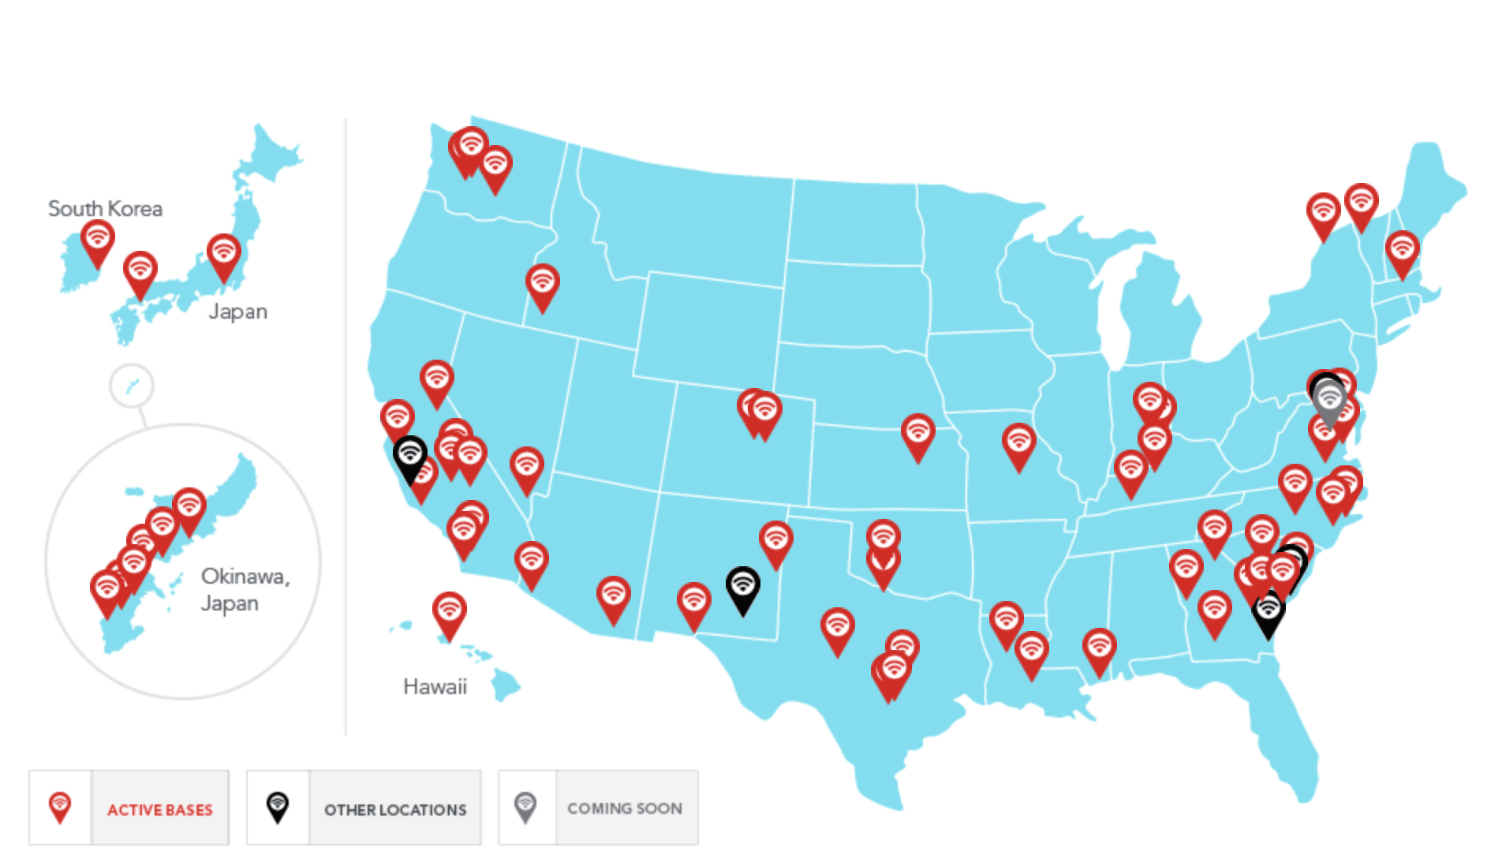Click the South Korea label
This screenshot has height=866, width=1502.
[x=105, y=209]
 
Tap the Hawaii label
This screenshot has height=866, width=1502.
[x=435, y=686]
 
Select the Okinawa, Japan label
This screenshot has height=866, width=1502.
[x=245, y=589]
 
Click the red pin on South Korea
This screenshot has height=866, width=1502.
[x=98, y=238]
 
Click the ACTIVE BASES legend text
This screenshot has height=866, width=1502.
[x=159, y=810]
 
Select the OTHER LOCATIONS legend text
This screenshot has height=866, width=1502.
[x=395, y=810]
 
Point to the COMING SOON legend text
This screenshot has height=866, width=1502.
[x=624, y=808]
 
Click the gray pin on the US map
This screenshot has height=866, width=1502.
[x=1330, y=399]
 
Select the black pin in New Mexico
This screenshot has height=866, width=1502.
[x=742, y=586]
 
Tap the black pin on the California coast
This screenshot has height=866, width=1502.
[x=410, y=455]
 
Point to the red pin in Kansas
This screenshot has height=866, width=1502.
[x=918, y=433]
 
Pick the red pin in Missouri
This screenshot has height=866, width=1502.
[x=1018, y=442]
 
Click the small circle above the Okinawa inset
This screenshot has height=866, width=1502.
[x=132, y=386]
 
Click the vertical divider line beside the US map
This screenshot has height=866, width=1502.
[x=346, y=426]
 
